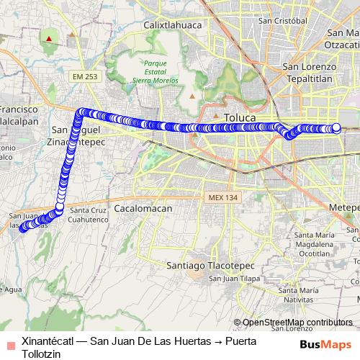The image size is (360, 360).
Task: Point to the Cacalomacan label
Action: click(143, 207)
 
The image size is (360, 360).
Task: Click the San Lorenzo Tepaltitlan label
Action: click(310, 73)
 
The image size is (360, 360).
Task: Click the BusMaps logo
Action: click(326, 344)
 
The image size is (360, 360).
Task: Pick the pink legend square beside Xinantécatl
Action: click(9, 343)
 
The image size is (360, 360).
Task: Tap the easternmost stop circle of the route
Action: click(336, 128)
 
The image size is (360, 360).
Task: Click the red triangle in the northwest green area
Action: click(48, 39)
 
